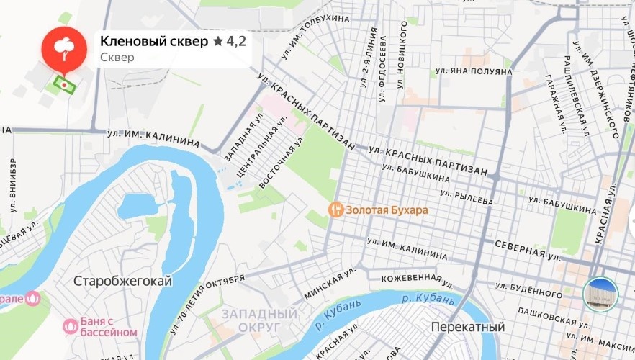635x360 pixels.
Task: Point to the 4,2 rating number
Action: (x=236, y=41)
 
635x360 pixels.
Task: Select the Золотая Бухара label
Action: (x=387, y=210)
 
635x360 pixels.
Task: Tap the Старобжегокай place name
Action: (x=123, y=282)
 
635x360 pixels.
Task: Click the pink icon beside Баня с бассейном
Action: (x=71, y=326)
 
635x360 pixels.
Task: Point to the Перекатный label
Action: (x=467, y=327)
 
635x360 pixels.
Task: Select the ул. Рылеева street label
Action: (x=466, y=197)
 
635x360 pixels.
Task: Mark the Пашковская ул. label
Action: (x=547, y=320)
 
